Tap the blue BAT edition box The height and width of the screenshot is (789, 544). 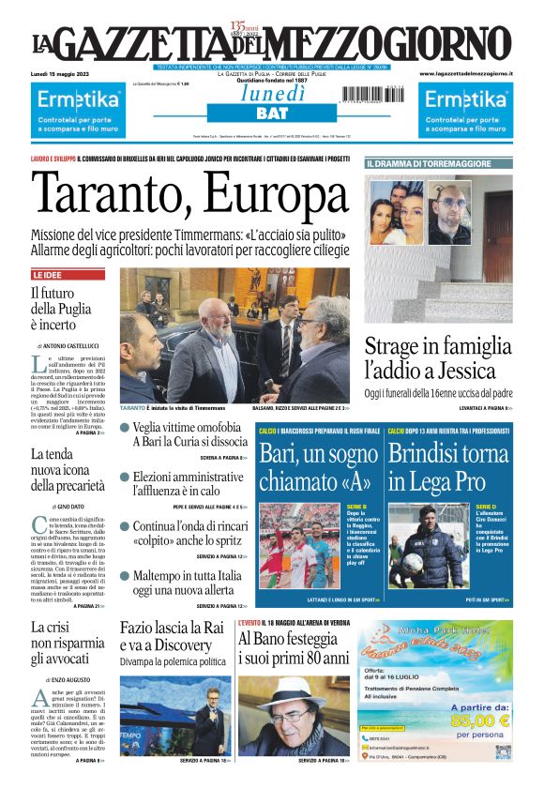click(x=272, y=114)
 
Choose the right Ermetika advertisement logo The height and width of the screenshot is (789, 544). click(x=465, y=99)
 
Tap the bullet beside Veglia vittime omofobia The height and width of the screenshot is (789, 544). click(x=125, y=427)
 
